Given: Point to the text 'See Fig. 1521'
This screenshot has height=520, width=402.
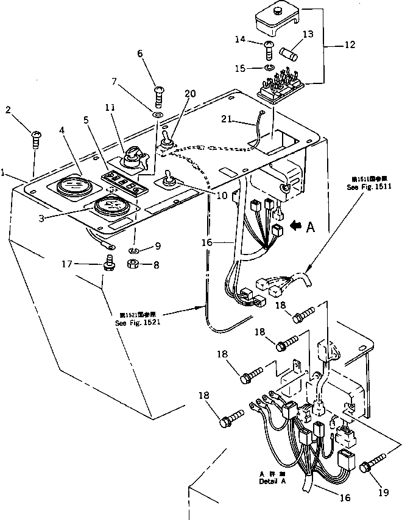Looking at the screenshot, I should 136,322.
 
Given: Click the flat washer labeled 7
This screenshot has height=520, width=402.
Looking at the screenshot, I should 157,114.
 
